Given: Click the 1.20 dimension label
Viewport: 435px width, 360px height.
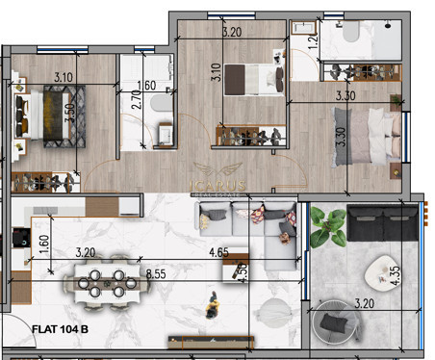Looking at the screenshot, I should click(x=313, y=39).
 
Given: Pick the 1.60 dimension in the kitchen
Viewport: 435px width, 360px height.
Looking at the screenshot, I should click(x=43, y=241).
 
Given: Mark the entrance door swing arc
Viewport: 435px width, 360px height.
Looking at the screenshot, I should click(x=15, y=340).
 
